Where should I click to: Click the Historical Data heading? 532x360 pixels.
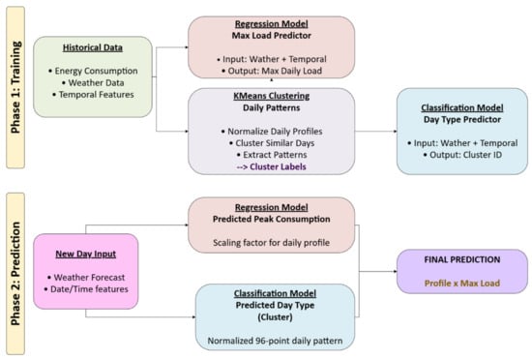click(93, 47)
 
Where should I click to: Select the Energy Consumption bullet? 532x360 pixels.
click(93, 71)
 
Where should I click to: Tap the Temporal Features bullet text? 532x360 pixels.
click(93, 95)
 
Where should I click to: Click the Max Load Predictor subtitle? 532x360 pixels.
click(272, 35)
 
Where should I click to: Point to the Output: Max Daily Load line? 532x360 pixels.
click(272, 71)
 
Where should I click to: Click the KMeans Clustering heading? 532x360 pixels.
click(272, 96)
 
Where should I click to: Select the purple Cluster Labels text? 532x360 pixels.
click(272, 166)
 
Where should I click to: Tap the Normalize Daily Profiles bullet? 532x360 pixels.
click(272, 132)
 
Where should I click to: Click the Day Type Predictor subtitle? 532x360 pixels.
click(462, 119)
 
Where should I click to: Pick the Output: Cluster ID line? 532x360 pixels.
click(462, 155)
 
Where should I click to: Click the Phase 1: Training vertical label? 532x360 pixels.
click(15, 87)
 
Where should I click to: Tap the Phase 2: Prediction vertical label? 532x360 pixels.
click(15, 274)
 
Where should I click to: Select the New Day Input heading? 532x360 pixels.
click(86, 254)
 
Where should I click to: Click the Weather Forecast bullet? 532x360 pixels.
click(86, 277)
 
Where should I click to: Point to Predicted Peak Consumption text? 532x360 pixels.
click(272, 219)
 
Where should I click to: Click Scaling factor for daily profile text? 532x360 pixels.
click(272, 243)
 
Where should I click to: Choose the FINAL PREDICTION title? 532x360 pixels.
click(462, 259)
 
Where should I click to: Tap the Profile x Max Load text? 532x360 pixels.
click(462, 283)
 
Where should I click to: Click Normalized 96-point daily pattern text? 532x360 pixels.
click(275, 341)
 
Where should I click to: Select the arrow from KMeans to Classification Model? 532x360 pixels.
click(376, 131)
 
